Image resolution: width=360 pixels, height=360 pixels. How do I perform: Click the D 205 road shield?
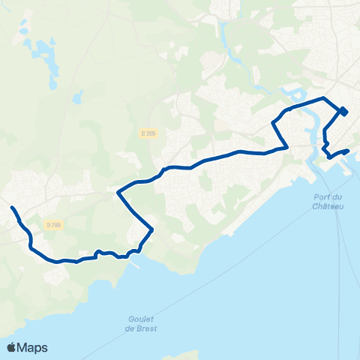[148, 133]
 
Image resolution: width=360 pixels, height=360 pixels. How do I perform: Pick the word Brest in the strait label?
[145, 328]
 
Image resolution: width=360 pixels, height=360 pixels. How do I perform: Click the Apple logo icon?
[11, 347]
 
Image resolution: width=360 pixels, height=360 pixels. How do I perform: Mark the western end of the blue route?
[12, 207]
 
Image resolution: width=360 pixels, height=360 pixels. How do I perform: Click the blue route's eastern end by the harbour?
[348, 151]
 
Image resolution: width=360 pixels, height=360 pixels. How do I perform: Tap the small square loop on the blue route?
[343, 112]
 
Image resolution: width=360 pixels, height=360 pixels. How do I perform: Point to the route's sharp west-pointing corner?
[118, 193]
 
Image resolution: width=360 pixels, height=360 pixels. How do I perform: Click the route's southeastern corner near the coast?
[152, 230]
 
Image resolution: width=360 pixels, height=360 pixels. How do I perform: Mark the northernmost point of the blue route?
[323, 98]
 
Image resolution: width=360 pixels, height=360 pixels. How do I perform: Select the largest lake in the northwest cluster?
[43, 54]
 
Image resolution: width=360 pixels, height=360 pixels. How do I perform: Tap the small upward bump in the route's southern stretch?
[98, 252]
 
